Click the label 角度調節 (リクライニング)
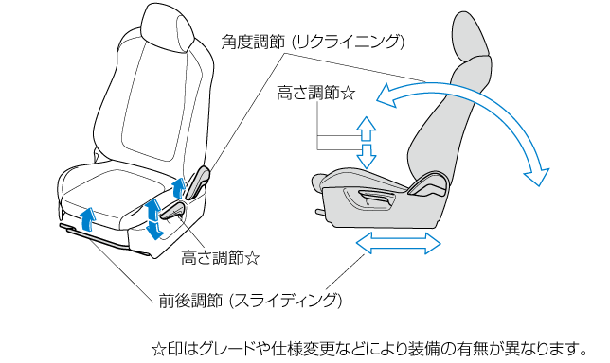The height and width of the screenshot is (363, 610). point(313,42)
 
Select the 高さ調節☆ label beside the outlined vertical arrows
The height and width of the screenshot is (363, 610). point(316,94)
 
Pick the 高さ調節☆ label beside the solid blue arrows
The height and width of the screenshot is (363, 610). point(220,258)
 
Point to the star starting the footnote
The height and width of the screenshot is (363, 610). point(158,350)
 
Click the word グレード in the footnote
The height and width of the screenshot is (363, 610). point(219,350)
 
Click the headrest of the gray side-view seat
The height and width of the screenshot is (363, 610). point(469,39)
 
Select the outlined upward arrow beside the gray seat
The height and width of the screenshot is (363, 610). point(366,129)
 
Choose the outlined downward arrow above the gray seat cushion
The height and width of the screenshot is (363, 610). point(366,156)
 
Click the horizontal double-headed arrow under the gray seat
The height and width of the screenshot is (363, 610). point(399,243)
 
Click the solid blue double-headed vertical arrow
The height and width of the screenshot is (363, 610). point(153,219)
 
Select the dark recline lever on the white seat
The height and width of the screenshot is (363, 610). point(197,181)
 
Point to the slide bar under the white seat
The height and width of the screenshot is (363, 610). point(105,239)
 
